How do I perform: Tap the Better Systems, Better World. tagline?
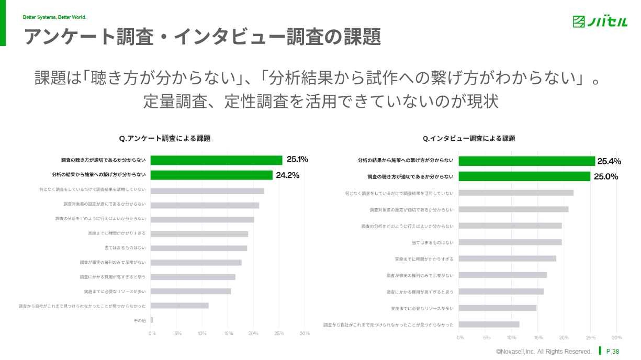[x=54, y=17]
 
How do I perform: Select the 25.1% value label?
[x=297, y=160]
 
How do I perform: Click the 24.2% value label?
[x=287, y=175]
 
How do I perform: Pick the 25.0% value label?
[x=605, y=177]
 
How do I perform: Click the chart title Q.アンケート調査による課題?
[x=165, y=139]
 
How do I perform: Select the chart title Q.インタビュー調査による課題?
[x=469, y=139]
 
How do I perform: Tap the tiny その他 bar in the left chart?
[x=152, y=320]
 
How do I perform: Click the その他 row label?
[x=140, y=320]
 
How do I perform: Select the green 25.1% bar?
[x=216, y=160]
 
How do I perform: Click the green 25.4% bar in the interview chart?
[x=527, y=161]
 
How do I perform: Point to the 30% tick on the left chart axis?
[x=305, y=333]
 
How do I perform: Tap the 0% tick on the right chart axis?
[x=460, y=337]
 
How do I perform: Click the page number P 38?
[x=612, y=351]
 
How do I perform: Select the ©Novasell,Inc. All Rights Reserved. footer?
[x=544, y=352]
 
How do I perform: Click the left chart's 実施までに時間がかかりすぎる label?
[x=117, y=233]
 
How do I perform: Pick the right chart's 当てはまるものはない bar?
[x=511, y=242]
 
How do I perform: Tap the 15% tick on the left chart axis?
[x=228, y=333]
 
